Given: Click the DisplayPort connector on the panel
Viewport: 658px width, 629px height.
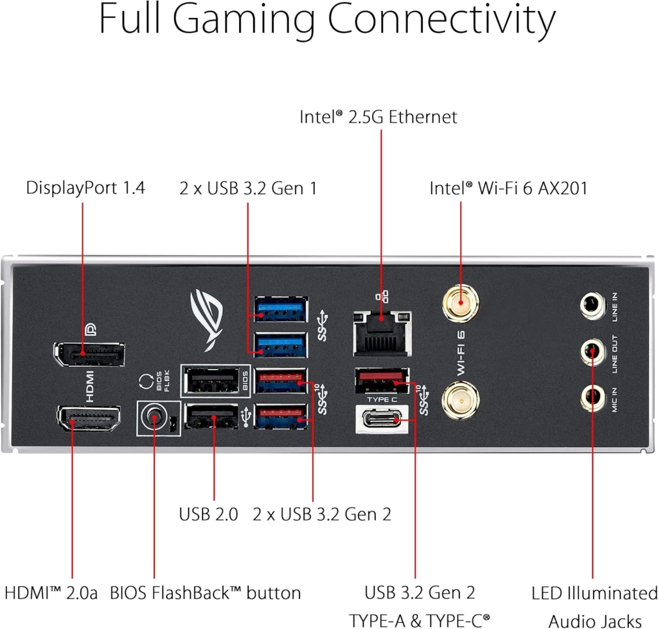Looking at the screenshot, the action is [x=89, y=354].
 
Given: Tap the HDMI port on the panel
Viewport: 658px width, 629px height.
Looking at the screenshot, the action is [x=89, y=418].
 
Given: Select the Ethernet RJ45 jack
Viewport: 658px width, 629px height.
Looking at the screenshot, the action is [x=382, y=333].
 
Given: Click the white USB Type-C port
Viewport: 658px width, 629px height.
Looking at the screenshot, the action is [x=382, y=419].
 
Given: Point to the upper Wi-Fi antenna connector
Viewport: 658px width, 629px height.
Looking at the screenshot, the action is [x=460, y=303].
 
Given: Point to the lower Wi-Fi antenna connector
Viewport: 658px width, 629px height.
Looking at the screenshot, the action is [x=460, y=400].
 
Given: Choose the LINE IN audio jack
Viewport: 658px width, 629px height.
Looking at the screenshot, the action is [x=592, y=305].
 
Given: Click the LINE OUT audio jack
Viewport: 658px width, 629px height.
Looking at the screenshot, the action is [x=592, y=351].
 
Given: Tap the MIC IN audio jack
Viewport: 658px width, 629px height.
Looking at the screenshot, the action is [x=592, y=398].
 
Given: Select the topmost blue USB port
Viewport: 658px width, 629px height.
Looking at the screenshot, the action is [x=281, y=309].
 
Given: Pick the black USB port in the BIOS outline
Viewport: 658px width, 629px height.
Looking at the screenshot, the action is [x=212, y=380].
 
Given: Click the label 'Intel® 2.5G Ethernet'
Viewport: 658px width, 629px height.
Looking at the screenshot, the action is [x=378, y=117].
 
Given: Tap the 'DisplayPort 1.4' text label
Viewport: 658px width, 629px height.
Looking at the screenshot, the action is [x=85, y=188].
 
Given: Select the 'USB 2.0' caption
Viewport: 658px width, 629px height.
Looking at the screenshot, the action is [x=208, y=514].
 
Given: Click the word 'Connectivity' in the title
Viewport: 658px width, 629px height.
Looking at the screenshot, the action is [x=442, y=20].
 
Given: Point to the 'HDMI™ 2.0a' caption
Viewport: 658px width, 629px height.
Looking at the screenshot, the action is [x=51, y=593].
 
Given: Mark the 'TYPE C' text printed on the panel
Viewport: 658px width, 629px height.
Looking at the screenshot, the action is [x=382, y=400].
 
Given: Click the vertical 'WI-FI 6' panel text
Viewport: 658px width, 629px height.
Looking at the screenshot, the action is [x=461, y=353].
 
